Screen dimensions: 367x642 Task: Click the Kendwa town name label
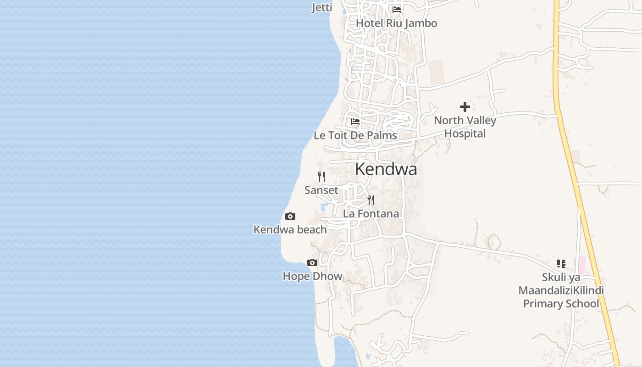[x=386, y=169]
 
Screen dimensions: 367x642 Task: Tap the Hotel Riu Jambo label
[x=396, y=23]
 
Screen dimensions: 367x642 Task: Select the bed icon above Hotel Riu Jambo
[x=397, y=9]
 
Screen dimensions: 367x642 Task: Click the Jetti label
[x=322, y=7]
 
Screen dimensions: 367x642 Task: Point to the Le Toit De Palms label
[x=355, y=135]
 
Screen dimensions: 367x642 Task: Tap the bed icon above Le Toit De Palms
[x=355, y=122]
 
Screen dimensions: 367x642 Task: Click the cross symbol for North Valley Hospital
[x=465, y=107]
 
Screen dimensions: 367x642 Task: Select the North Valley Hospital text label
[x=465, y=127]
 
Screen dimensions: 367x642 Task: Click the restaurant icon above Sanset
[x=321, y=176]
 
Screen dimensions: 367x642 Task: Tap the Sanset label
[x=321, y=190]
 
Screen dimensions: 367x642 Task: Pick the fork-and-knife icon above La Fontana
[x=371, y=200]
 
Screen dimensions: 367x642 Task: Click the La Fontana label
[x=371, y=214]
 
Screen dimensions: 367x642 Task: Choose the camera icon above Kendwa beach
[x=290, y=216]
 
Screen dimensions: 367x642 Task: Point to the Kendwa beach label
[x=290, y=229]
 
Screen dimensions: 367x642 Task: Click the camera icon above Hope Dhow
[x=312, y=263]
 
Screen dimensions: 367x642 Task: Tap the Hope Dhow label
[x=312, y=276]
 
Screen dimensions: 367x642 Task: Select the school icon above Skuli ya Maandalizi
[x=561, y=264]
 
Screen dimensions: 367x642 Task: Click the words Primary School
[x=561, y=304]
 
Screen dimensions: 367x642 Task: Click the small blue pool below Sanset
[x=324, y=207]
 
